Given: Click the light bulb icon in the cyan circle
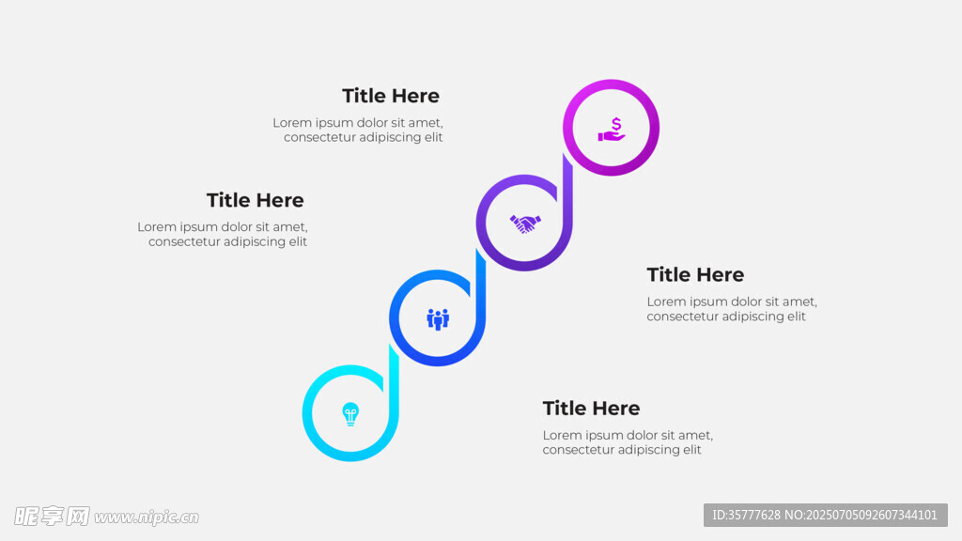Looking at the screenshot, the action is click(x=350, y=414).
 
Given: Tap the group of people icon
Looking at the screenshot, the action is click(x=438, y=319).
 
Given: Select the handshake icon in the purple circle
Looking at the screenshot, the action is click(x=525, y=224).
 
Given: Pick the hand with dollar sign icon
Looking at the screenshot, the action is click(x=612, y=130).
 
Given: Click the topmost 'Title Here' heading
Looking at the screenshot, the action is click(x=391, y=96).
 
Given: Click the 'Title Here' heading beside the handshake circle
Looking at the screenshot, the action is click(x=256, y=200).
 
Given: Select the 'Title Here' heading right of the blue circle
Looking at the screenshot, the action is click(x=695, y=275).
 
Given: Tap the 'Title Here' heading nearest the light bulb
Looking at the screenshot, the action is click(x=591, y=409).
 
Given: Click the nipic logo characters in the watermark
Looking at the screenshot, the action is click(x=52, y=517).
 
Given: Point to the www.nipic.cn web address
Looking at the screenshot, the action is click(x=147, y=518).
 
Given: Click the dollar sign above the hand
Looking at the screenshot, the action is click(x=616, y=125).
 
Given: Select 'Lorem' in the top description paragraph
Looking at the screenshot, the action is click(x=292, y=123).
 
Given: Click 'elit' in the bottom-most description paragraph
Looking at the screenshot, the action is click(x=691, y=450).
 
